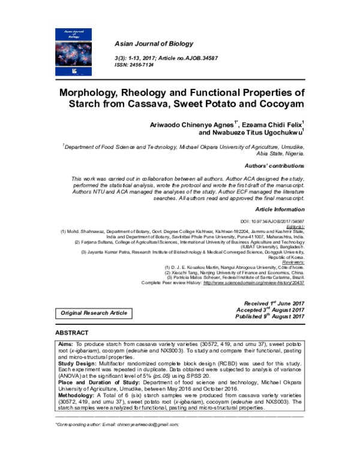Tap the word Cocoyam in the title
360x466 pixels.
(x=280, y=106)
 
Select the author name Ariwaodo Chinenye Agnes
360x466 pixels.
(x=188, y=124)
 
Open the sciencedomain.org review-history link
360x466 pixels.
(x=254, y=282)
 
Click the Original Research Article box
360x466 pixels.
(x=94, y=313)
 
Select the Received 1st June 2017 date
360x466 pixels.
(x=275, y=304)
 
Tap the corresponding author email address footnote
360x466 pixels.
(x=117, y=424)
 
